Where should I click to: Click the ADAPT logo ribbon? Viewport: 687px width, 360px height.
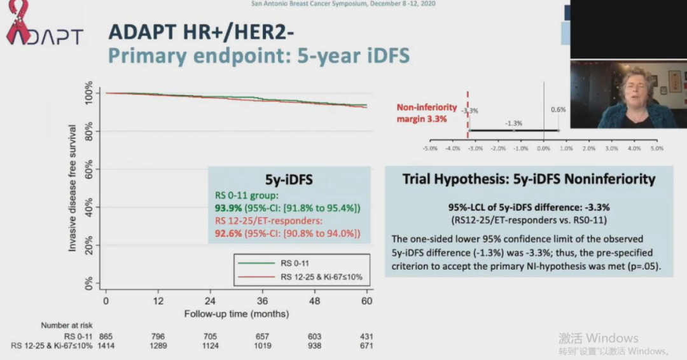coord(17,23)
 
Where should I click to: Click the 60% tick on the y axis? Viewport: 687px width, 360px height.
coord(88,169)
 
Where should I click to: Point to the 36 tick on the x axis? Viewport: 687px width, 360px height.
coord(263,301)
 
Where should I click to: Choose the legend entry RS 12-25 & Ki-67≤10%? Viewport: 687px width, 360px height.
coord(321,277)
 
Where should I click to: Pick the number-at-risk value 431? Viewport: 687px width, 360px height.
coord(366,336)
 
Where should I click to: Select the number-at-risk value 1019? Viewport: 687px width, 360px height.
coord(263,346)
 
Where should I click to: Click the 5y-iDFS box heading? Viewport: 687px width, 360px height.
coord(289,181)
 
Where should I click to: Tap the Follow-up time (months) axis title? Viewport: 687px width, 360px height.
coord(236,314)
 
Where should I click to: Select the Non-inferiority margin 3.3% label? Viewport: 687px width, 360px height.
coord(422,113)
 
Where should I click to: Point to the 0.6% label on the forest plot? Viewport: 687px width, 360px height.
coord(558,109)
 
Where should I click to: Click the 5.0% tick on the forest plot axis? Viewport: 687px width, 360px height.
coord(656,148)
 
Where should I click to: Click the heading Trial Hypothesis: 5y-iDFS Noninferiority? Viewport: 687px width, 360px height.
coord(529,179)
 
